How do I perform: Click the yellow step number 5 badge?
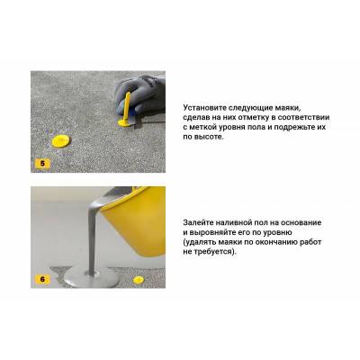(42, 164)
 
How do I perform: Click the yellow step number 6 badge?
(42, 279)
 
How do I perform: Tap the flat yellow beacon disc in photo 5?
(60, 141)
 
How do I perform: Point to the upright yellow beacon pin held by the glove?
(126, 110)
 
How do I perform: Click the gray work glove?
(141, 96)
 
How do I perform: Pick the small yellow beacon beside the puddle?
(139, 280)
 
